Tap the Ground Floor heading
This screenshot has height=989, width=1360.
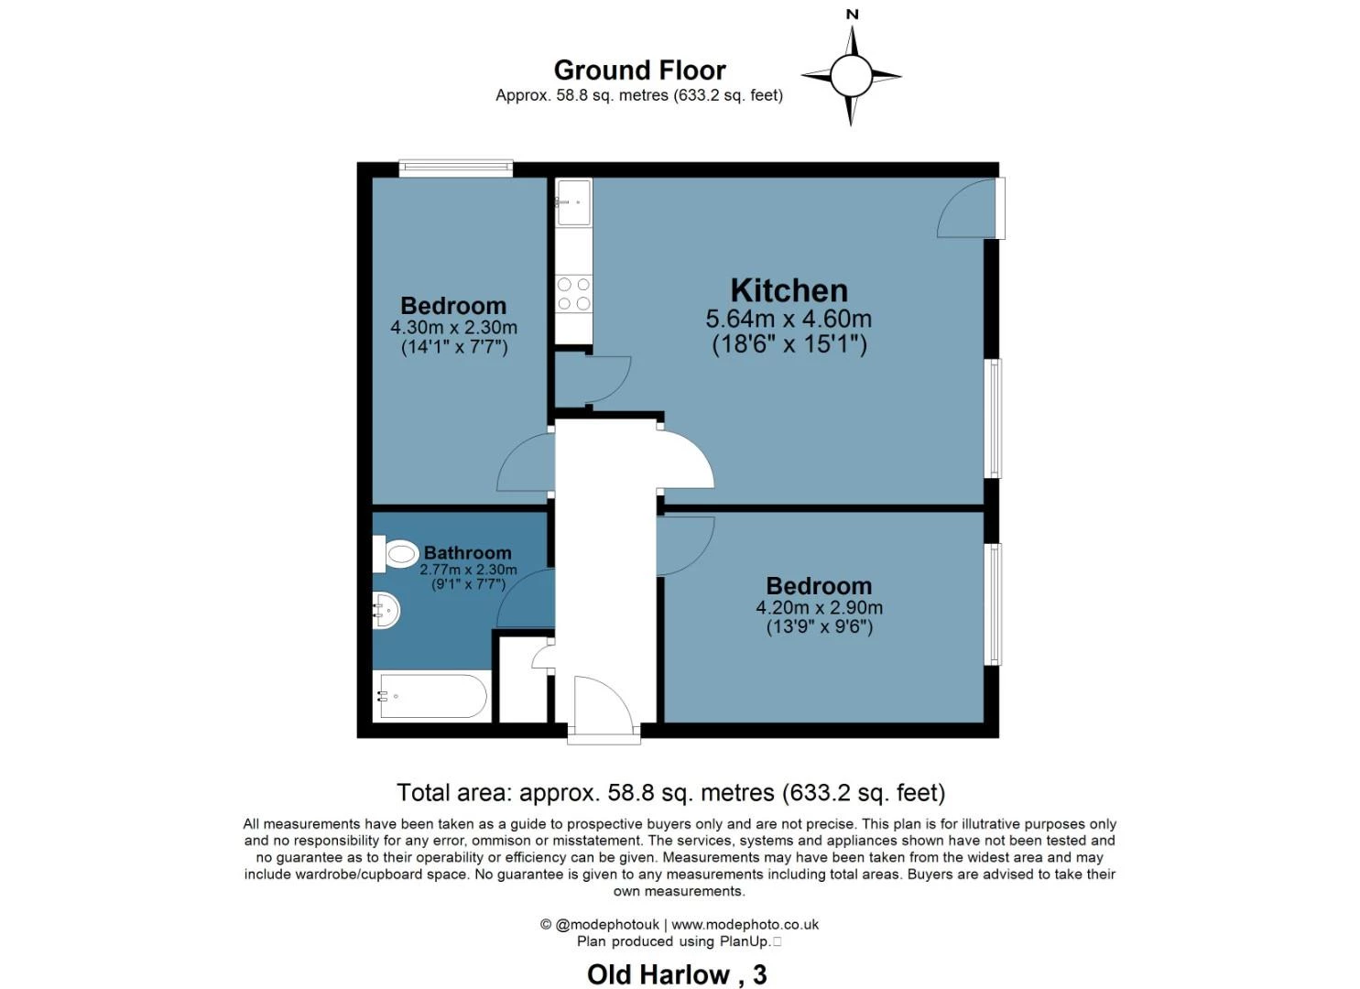639,71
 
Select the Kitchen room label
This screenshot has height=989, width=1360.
789,290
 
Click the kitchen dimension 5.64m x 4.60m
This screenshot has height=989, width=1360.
789,320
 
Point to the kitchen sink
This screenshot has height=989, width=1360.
573,201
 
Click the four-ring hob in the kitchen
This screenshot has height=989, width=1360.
574,294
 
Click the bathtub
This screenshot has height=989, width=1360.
431,697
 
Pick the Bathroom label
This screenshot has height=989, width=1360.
467,553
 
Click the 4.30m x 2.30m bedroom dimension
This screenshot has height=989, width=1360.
453,328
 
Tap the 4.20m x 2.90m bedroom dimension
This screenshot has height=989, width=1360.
819,608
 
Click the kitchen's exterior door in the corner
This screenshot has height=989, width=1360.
971,209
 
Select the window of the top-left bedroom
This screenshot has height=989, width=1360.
455,168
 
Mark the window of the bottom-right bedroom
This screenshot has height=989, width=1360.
993,604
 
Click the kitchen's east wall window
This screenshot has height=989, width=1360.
993,418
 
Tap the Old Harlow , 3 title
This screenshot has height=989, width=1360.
677,974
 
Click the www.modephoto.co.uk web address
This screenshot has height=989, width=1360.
745,925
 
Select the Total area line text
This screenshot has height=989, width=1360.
670,793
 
